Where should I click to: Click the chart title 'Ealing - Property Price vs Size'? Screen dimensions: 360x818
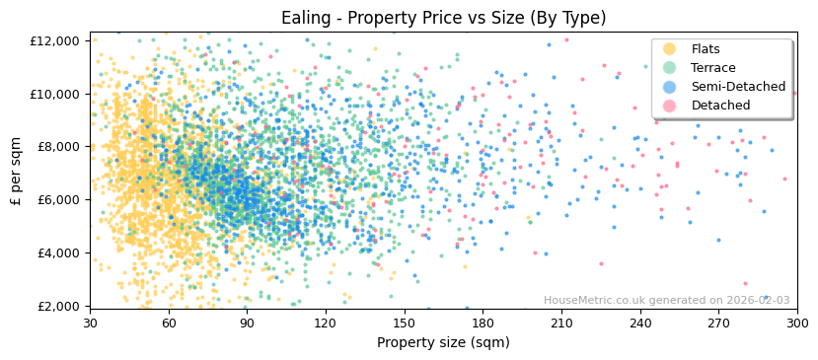point(443,18)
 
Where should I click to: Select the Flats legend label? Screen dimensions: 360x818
point(705,49)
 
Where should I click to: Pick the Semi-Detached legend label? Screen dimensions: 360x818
point(738,87)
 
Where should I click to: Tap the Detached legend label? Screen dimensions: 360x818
point(720,106)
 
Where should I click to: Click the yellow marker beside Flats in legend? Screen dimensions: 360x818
point(669,49)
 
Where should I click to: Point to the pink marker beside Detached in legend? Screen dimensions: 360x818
point(669,106)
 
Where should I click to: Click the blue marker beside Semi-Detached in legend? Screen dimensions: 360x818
point(669,87)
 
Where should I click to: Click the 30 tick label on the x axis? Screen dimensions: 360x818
point(91,323)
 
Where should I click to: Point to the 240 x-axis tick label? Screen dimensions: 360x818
point(640,323)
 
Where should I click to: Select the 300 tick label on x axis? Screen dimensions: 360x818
point(797,323)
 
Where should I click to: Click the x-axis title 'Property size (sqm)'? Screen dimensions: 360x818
point(443,342)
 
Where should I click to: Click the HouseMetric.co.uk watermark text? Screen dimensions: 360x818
point(666,300)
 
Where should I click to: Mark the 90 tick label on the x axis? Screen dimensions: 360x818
point(248,323)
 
